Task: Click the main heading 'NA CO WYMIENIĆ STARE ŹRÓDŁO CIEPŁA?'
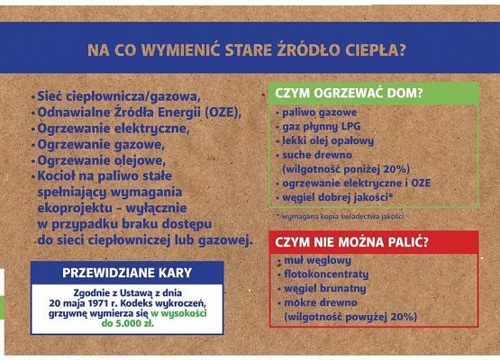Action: pos(245,50)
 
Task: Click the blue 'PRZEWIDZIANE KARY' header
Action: pos(127,271)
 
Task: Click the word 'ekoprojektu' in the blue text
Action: pos(80,208)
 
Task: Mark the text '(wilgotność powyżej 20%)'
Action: pos(351,317)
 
